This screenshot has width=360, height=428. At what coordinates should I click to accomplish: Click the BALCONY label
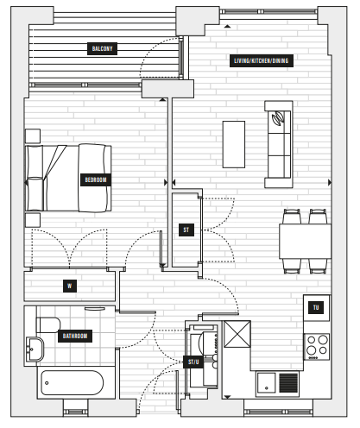[x=102, y=48]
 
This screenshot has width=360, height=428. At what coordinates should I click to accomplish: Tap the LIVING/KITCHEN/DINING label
[x=262, y=60]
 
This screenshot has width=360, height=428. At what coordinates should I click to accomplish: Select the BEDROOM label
[x=96, y=179]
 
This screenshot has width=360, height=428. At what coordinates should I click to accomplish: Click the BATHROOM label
[x=75, y=336]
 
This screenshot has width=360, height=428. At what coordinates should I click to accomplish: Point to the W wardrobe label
[x=70, y=286]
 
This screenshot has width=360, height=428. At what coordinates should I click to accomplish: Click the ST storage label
[x=186, y=230]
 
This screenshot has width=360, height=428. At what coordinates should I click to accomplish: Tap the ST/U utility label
[x=193, y=362]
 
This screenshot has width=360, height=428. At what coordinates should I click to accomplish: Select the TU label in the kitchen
[x=316, y=307]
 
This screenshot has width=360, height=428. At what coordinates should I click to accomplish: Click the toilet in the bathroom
[x=47, y=324]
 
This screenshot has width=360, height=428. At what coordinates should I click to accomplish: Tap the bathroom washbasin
[x=35, y=349]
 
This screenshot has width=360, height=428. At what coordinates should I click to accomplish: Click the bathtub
[x=72, y=383]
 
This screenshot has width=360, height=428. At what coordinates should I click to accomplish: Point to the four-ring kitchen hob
[x=317, y=347]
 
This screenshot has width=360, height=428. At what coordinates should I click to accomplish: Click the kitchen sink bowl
[x=266, y=383]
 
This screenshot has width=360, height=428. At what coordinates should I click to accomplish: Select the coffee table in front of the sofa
[x=234, y=144]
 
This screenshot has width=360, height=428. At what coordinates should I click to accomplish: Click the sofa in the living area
[x=279, y=144]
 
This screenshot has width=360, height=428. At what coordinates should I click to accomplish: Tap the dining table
[x=305, y=242]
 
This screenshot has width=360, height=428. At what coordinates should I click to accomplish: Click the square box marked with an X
[x=237, y=334]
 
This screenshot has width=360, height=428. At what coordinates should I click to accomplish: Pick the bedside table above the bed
[x=33, y=136]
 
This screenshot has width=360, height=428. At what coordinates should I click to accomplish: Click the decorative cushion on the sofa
[x=278, y=118]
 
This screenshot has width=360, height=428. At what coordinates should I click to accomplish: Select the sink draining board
[x=288, y=383]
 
